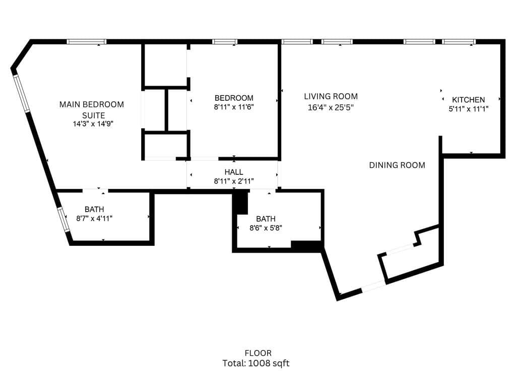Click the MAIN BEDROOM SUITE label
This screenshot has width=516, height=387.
(x=91, y=109)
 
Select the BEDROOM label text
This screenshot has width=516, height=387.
(x=234, y=98)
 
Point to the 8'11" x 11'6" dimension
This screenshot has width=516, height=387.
(x=234, y=107)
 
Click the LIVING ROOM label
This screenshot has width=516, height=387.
(x=331, y=96)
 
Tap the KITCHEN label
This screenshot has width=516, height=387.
(x=468, y=100)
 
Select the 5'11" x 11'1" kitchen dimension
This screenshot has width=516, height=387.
(x=468, y=108)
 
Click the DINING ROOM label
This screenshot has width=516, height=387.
(x=397, y=165)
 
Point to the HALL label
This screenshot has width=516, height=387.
(x=234, y=172)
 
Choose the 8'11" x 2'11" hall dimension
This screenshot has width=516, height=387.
(x=234, y=181)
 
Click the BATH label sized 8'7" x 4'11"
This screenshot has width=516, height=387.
(x=94, y=209)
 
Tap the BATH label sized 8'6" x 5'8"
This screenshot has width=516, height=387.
(x=266, y=219)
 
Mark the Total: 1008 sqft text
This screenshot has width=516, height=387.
(x=256, y=363)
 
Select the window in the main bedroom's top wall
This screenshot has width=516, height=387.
(x=87, y=42)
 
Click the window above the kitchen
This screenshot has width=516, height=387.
(x=459, y=42)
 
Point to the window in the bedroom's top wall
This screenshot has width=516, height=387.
(x=225, y=42)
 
